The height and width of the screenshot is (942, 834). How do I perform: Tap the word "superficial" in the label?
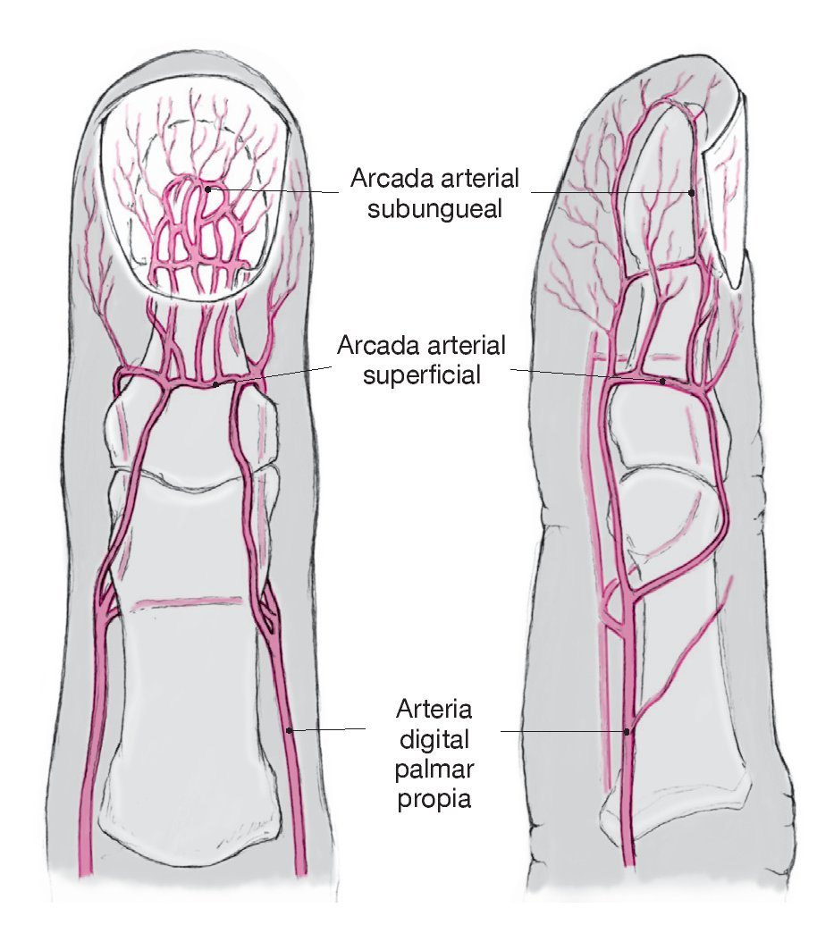point(421,374)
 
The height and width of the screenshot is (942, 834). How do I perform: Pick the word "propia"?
point(434,797)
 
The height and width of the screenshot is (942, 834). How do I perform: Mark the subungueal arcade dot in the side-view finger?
point(691,191)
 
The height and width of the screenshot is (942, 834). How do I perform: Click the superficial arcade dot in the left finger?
point(216,385)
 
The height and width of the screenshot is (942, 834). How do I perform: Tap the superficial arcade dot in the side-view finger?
point(661,382)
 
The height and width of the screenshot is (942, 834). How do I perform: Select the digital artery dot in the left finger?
point(289,730)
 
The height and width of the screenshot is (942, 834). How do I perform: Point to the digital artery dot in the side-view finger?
point(628,731)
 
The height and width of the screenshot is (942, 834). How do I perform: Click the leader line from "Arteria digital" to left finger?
point(331,729)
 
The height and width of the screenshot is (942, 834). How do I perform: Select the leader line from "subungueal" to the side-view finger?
point(608,191)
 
